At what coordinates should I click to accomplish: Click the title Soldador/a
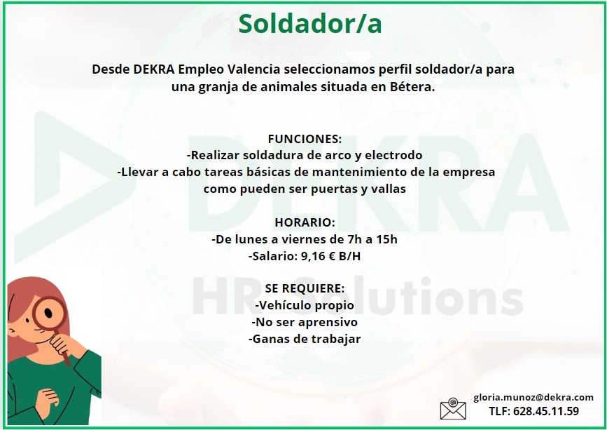pyautogui.click(x=310, y=23)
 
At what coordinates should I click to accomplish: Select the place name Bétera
pyautogui.click(x=412, y=87)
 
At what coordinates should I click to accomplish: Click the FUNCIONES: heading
pyautogui.click(x=305, y=139)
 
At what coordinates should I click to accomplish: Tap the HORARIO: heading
pyautogui.click(x=305, y=222)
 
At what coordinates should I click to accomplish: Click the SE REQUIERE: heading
pyautogui.click(x=305, y=288)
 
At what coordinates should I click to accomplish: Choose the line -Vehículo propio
pyautogui.click(x=305, y=305)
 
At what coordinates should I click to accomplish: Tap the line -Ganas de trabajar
pyautogui.click(x=305, y=339)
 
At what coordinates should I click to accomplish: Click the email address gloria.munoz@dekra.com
pyautogui.click(x=533, y=397)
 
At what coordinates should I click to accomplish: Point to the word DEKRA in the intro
pyautogui.click(x=153, y=70)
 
